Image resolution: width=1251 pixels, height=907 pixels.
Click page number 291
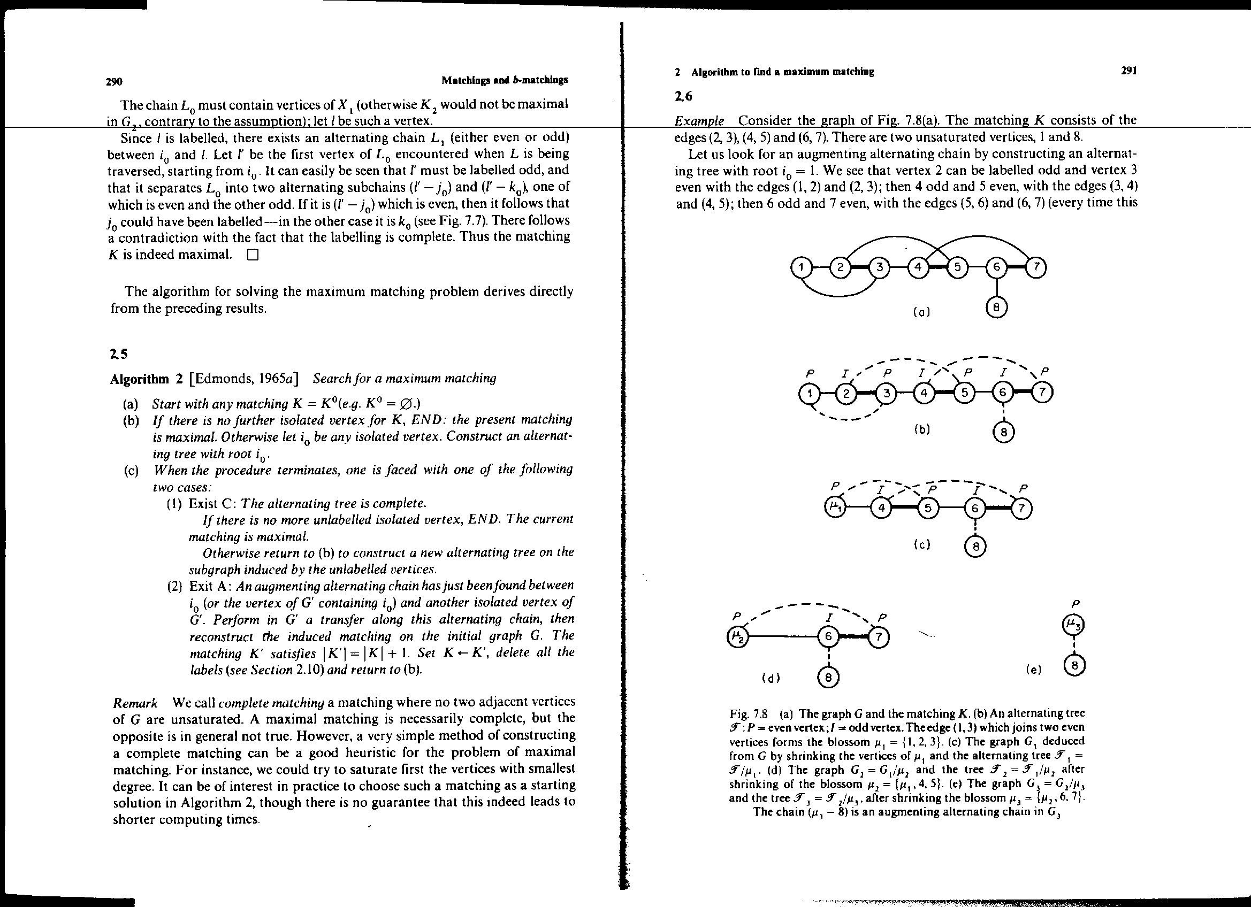click(1128, 71)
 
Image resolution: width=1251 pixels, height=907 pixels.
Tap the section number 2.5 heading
click(119, 355)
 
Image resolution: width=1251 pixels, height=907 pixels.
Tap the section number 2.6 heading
click(683, 96)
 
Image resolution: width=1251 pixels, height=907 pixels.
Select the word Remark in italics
click(135, 703)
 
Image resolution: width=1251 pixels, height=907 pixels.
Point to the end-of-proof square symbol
click(253, 255)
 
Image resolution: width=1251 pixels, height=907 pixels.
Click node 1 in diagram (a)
click(800, 268)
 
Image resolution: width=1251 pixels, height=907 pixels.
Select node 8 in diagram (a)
click(996, 308)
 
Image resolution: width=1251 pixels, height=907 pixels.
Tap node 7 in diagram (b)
click(1042, 393)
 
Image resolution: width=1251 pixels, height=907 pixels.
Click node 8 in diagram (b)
click(1003, 433)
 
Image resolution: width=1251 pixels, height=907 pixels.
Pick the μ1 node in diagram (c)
click(836, 508)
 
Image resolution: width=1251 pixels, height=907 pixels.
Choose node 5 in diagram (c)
click(928, 508)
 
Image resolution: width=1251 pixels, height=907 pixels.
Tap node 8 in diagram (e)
click(1074, 665)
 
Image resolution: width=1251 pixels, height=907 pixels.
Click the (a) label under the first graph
click(921, 312)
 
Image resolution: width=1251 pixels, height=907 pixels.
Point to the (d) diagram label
click(771, 678)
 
